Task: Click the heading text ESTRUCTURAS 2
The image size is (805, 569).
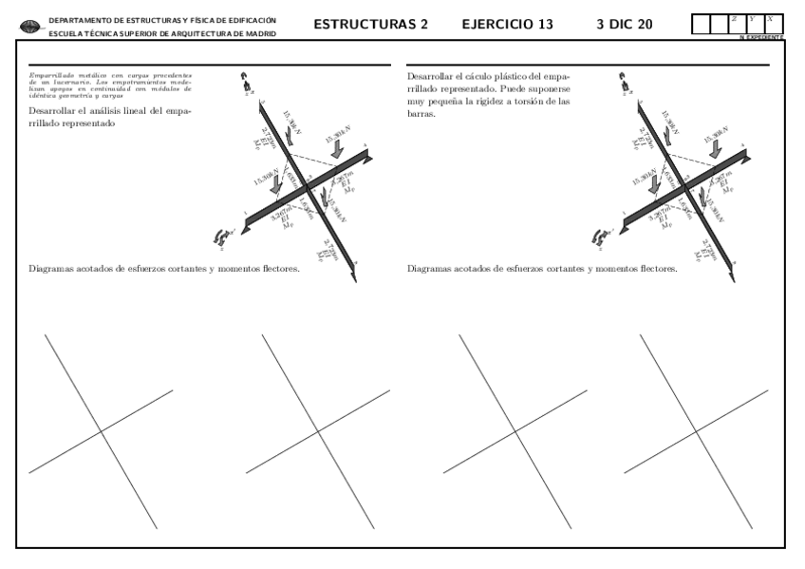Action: pos(369,24)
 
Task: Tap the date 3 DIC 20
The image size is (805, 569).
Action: pos(624,24)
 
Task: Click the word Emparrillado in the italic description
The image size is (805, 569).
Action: pos(48,74)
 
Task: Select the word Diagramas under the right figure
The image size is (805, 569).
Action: pos(429,269)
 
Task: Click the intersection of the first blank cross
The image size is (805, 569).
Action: pos(103,432)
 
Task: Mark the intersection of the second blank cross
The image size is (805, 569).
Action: pos(319,432)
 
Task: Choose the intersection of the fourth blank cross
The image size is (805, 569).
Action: pos(698,432)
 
